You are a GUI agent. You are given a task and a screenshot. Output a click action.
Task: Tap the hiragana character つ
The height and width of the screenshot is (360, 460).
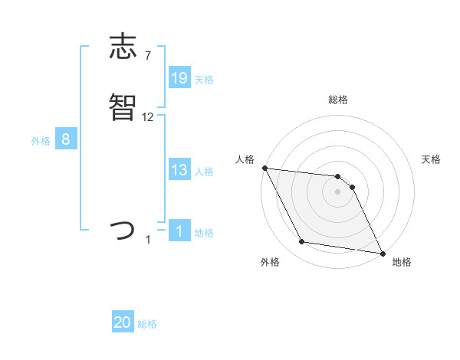click(123, 230)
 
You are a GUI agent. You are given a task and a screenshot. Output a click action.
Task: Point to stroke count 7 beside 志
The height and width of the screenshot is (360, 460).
click(147, 56)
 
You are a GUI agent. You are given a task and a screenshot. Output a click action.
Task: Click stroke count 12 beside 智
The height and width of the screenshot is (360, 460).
click(148, 116)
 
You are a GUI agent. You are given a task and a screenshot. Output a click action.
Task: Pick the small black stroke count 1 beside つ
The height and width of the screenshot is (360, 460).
click(148, 240)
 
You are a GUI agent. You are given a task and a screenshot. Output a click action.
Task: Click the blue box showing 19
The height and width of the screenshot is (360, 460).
click(179, 78)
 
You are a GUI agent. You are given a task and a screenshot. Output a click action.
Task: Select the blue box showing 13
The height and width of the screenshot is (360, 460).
click(179, 170)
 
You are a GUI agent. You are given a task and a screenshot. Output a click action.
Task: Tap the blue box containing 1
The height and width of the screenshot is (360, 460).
click(179, 231)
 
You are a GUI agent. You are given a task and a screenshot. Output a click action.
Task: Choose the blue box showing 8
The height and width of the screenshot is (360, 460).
click(66, 139)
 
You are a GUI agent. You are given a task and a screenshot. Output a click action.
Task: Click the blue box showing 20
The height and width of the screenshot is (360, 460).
click(123, 323)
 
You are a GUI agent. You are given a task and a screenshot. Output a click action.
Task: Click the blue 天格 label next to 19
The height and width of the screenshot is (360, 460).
click(204, 79)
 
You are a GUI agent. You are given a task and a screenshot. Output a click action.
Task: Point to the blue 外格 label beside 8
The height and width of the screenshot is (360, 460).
click(41, 140)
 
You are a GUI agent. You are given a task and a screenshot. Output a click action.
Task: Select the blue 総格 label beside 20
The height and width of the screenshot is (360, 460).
click(147, 324)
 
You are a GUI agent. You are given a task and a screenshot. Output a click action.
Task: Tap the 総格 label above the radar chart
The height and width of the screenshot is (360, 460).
click(337, 100)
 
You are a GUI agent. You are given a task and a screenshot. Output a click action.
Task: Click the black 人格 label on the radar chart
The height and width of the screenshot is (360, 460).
click(245, 159)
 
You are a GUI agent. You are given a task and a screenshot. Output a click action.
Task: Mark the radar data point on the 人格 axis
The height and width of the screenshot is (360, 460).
click(264, 168)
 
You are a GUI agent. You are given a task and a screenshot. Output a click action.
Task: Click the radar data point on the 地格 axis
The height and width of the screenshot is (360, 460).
click(382, 253)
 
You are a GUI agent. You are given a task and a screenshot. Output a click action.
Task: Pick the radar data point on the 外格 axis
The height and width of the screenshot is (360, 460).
click(301, 243)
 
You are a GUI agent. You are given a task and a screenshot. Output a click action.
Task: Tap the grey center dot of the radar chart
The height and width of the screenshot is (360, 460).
click(337, 191)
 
